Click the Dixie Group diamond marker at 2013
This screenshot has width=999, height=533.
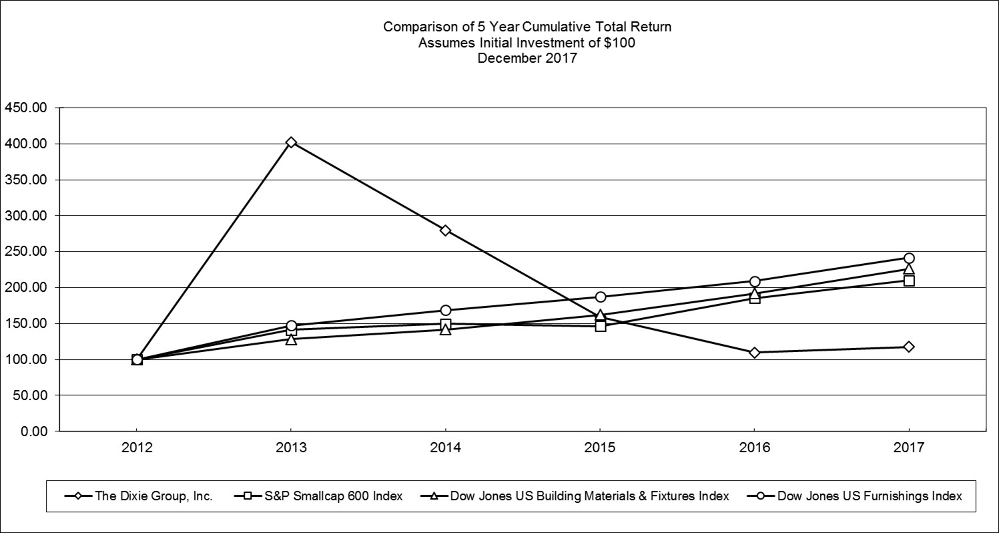click(291, 142)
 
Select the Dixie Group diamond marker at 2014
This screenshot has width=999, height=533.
click(445, 230)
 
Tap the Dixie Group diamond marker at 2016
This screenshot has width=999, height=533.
click(754, 353)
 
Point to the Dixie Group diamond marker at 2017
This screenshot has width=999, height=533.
click(908, 347)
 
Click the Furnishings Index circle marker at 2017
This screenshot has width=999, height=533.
click(908, 258)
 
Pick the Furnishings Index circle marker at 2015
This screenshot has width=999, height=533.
click(600, 297)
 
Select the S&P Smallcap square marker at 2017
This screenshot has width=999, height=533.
click(908, 281)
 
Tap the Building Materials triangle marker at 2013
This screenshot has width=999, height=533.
click(291, 339)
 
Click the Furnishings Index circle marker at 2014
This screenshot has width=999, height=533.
click(445, 310)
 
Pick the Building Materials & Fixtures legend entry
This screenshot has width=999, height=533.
click(590, 496)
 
